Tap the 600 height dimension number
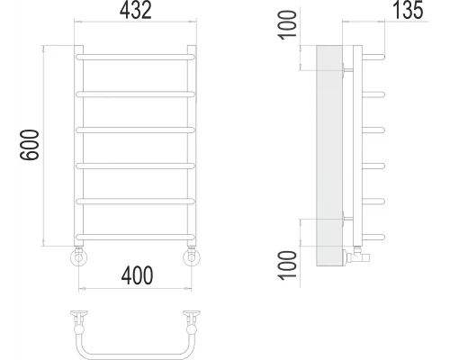27,144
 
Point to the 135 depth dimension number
409,12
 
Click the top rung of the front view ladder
135,56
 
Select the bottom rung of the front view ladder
135,237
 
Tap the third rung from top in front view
135,129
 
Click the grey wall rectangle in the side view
326,153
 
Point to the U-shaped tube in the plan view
135,349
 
